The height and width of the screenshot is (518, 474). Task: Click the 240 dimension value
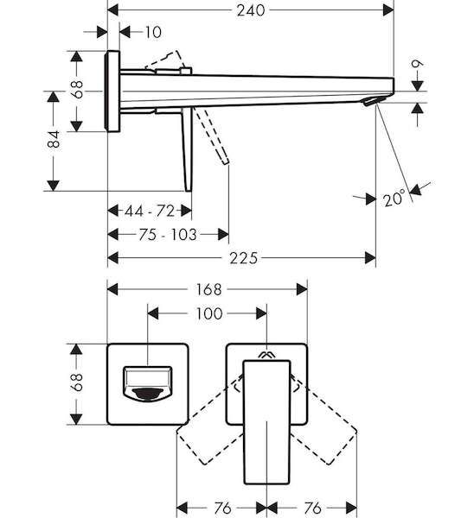tap(251, 10)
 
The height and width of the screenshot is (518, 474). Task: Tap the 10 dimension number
tap(154, 33)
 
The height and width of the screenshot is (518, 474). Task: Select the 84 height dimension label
tap(54, 139)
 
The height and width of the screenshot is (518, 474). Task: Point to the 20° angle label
tap(394, 199)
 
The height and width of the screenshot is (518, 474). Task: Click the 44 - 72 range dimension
tap(150, 211)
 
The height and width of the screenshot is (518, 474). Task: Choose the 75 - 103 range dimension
tap(168, 235)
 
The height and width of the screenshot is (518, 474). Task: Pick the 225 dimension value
tap(243, 258)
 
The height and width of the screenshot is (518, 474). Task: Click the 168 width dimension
tap(208, 290)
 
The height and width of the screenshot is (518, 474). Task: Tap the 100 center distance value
tap(209, 313)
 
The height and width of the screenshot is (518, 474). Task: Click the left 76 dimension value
tap(222, 509)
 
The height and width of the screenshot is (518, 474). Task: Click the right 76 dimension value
tap(312, 509)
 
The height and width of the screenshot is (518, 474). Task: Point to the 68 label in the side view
tap(78, 89)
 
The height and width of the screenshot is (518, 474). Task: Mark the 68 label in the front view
tap(77, 382)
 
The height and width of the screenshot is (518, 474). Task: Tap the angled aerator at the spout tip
tap(375, 101)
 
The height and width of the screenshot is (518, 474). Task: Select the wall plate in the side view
tap(112, 92)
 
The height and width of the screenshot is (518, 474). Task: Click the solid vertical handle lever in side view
tap(188, 149)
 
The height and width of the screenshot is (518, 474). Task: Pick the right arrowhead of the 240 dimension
tap(388, 10)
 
